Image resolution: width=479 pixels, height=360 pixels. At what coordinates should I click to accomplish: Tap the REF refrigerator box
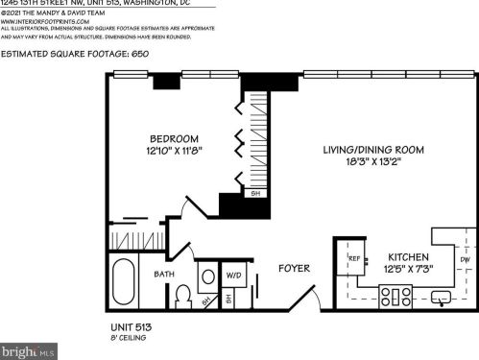[354, 258]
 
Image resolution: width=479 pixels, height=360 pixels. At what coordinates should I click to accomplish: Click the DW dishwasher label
[465, 259]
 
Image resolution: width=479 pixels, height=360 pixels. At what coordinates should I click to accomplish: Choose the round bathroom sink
[208, 276]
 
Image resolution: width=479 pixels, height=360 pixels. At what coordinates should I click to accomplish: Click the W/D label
[234, 276]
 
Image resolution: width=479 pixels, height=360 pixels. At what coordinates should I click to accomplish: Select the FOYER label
[293, 268]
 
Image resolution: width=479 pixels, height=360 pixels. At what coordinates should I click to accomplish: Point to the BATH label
[164, 275]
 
